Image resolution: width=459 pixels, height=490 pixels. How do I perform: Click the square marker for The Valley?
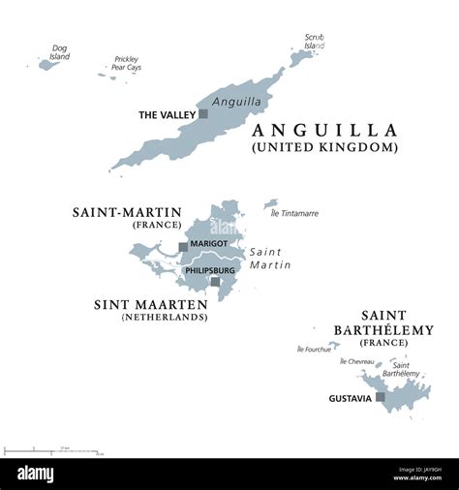coord(203,114)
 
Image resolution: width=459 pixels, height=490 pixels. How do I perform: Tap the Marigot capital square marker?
coord(182,246)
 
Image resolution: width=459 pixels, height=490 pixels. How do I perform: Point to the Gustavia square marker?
coord(381,397)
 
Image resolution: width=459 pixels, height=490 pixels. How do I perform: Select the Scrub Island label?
coord(314,42)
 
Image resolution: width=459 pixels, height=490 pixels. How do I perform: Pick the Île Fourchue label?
coord(314,349)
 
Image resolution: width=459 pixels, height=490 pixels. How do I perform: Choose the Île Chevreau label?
coord(357,360)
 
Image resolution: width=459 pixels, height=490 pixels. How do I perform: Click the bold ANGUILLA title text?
coord(324,130)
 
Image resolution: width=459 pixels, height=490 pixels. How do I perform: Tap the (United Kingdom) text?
coord(324,147)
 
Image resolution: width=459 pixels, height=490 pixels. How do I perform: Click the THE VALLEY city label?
coord(167,114)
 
